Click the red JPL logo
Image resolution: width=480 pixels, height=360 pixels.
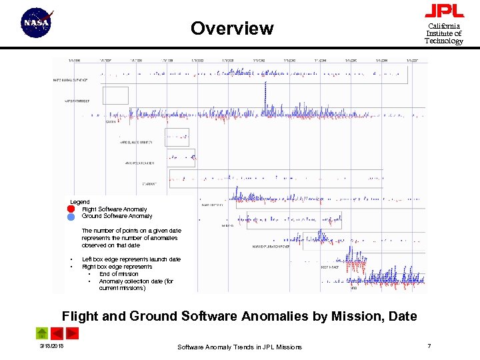pyautogui.click(x=444, y=11)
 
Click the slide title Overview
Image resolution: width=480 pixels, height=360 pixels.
pyautogui.click(x=231, y=29)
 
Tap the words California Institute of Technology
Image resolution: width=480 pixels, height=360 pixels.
pyautogui.click(x=444, y=33)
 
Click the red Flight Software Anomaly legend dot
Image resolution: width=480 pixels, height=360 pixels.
pyautogui.click(x=71, y=209)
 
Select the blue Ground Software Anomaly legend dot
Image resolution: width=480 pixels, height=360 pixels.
pyautogui.click(x=71, y=216)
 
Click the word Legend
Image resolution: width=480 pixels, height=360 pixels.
pyautogui.click(x=80, y=201)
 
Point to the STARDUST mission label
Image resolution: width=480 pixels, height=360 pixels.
pyautogui.click(x=150, y=184)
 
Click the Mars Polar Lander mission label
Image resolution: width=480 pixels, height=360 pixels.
pyautogui.click(x=140, y=163)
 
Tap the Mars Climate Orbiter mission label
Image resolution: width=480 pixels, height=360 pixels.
pyautogui.click(x=136, y=143)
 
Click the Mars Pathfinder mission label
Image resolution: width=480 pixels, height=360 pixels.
pyautogui.click(x=77, y=101)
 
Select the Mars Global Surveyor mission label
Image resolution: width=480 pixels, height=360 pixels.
pyautogui.click(x=70, y=81)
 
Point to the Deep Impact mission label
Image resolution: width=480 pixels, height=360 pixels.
pyautogui.click(x=330, y=267)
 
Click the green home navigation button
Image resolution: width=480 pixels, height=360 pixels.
pyautogui.click(x=41, y=333)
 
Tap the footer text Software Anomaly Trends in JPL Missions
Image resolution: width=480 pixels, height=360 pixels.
pyautogui.click(x=239, y=347)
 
